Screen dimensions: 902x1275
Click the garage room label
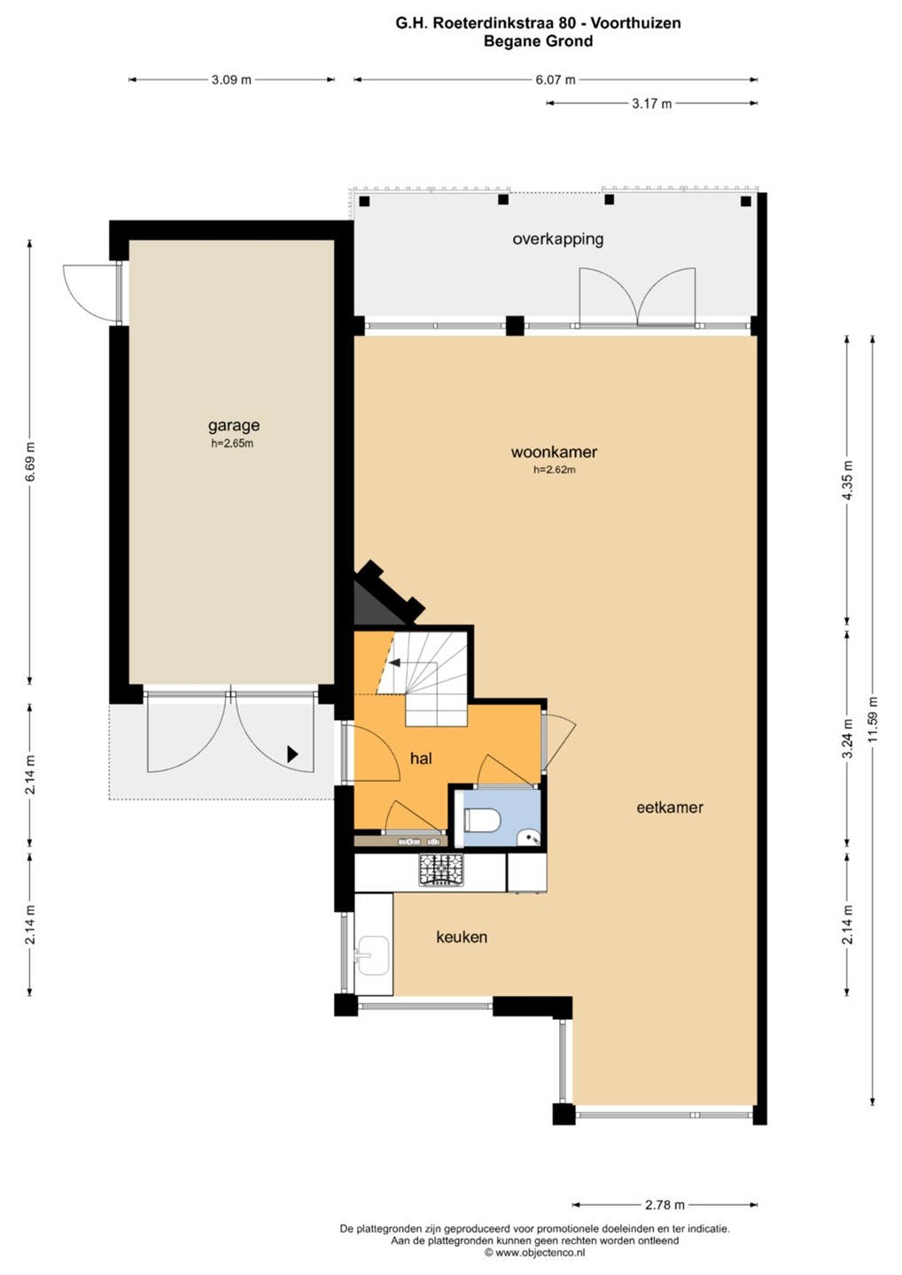click(x=233, y=425)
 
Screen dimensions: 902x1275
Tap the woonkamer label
click(x=554, y=452)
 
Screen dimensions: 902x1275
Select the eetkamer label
click(x=670, y=807)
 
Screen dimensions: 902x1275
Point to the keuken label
click(x=462, y=937)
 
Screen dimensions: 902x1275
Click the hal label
click(x=421, y=758)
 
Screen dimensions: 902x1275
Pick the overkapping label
click(x=557, y=238)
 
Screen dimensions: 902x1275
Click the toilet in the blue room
click(x=482, y=820)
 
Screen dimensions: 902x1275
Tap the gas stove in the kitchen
click(x=441, y=870)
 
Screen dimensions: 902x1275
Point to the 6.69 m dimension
click(x=30, y=461)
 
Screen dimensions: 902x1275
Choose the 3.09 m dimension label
click(x=231, y=80)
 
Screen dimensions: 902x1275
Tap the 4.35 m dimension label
click(x=848, y=480)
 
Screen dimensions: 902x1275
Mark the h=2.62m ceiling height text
click(x=554, y=469)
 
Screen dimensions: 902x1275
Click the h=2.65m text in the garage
click(x=232, y=444)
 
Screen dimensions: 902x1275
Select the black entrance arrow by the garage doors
click(x=292, y=754)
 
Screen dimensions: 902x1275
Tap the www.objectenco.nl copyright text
click(x=534, y=1253)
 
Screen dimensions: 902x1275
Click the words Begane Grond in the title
click(x=538, y=41)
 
